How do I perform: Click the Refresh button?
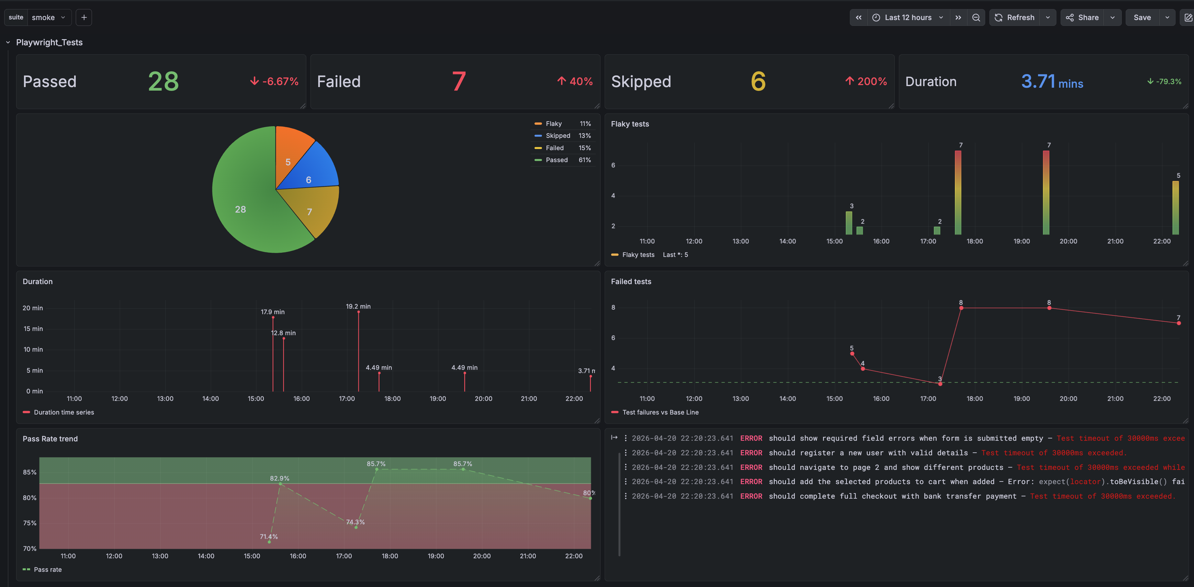(x=1015, y=17)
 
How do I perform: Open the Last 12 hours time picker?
(x=907, y=17)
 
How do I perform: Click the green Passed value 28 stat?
(x=163, y=82)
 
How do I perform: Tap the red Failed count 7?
(x=458, y=82)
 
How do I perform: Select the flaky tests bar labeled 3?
(x=849, y=223)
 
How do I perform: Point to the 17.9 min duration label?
(x=273, y=312)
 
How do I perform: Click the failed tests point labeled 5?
(x=852, y=353)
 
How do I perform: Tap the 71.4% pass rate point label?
(x=268, y=537)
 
